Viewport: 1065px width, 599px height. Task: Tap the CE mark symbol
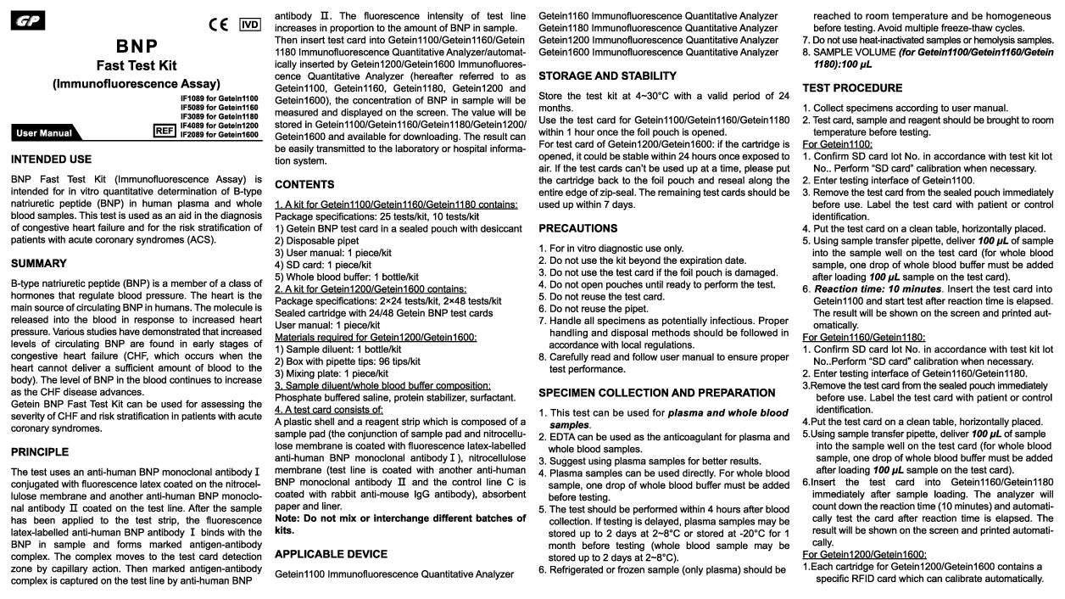[219, 24]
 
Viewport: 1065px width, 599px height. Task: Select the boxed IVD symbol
[249, 24]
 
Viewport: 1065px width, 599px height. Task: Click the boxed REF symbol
[164, 130]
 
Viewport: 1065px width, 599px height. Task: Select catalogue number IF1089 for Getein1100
[219, 99]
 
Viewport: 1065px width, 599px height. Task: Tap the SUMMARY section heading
[39, 263]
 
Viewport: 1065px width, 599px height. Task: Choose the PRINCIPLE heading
[41, 451]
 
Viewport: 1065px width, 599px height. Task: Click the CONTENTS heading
[304, 184]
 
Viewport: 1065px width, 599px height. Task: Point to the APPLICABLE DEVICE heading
[331, 554]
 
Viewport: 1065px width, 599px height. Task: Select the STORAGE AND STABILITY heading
[608, 76]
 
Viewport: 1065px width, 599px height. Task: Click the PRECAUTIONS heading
[578, 228]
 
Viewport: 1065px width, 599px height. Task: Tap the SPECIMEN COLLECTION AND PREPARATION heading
[657, 393]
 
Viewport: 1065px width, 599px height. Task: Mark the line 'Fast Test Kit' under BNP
[136, 64]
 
